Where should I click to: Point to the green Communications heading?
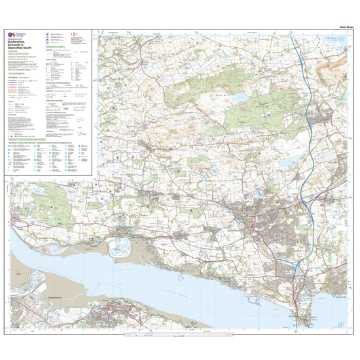click(x=20, y=83)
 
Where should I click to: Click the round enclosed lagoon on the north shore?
click(x=122, y=246)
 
